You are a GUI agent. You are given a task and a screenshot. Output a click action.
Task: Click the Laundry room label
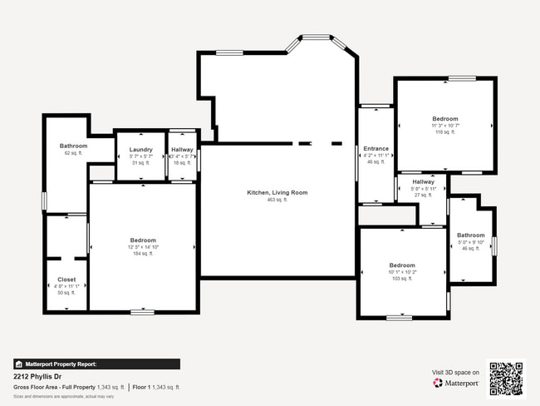pos(141,149)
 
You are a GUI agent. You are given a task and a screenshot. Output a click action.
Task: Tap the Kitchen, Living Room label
pos(277,192)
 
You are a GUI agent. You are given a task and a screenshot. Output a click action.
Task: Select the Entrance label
pos(376,148)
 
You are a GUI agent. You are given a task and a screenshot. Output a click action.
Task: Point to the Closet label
pos(66,280)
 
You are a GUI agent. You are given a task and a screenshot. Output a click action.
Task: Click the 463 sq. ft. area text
pos(277,200)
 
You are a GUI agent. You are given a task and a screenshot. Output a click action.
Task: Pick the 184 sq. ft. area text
pos(143,255)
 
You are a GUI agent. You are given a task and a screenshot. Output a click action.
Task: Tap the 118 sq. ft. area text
pos(444,132)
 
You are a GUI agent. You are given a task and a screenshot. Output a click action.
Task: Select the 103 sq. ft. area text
pos(402,279)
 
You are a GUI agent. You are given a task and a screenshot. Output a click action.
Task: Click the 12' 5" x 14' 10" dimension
pos(143,247)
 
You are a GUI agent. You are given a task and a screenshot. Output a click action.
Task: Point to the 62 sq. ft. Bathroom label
pos(73,146)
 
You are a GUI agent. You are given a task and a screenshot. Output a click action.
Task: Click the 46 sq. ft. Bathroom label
pos(470,235)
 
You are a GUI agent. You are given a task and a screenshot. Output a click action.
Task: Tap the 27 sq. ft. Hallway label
pos(423,181)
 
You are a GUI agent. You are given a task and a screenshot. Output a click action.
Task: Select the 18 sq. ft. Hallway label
pos(182,149)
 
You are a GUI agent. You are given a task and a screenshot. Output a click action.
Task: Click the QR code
pos(506,379)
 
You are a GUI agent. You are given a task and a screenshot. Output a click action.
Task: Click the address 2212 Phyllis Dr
pos(40,376)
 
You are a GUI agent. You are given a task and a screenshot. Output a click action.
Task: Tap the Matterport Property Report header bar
pos(96,364)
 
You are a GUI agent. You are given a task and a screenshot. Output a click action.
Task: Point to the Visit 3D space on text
pos(455,372)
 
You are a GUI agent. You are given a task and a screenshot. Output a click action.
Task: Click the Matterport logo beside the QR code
pos(456,384)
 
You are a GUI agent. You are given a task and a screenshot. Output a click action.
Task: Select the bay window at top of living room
pos(315,37)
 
